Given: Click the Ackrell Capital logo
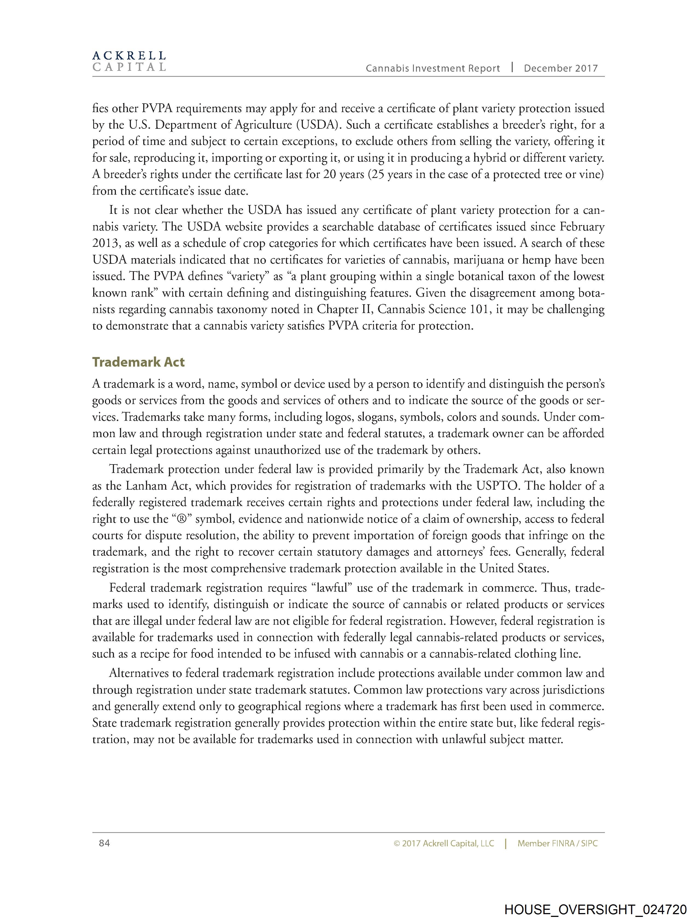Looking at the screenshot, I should tap(129, 61).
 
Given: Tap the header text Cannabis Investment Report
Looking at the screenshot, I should tap(433, 69).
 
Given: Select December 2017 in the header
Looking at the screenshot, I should tap(560, 69).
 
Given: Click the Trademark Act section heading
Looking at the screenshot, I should tap(138, 362).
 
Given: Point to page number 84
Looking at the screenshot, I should tap(104, 843).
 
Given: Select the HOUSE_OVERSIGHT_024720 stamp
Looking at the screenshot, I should tap(595, 909).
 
